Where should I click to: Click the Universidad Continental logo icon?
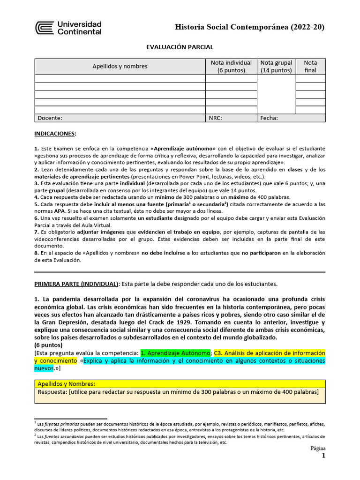[x=45, y=28]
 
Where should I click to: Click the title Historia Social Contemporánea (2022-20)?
[x=249, y=27]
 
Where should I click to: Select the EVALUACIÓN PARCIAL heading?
[x=180, y=47]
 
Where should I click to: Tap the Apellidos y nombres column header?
[x=120, y=66]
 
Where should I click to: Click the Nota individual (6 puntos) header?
[x=231, y=66]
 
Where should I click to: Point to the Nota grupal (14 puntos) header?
[x=277, y=66]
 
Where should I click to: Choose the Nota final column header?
[x=310, y=66]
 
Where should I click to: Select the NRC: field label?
[x=215, y=118]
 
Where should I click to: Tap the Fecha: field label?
[x=269, y=118]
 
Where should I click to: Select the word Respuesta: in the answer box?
[x=52, y=392]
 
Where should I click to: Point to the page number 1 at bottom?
[x=322, y=456]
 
